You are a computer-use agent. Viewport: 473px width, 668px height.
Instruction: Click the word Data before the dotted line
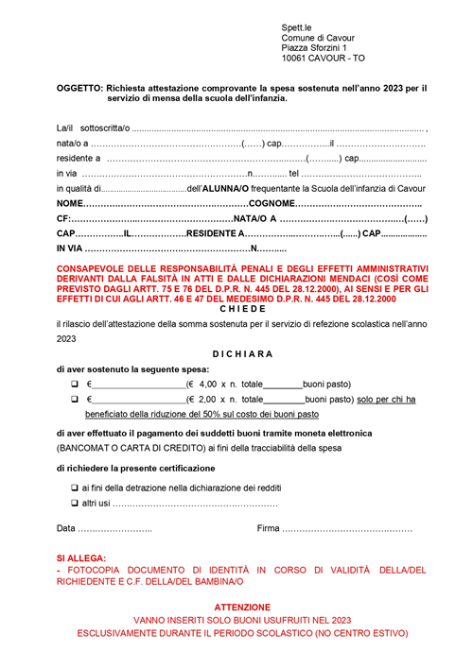[66, 528]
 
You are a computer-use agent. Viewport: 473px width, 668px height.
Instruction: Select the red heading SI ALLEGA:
[81, 559]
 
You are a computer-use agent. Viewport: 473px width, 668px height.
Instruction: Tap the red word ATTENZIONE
[242, 606]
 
